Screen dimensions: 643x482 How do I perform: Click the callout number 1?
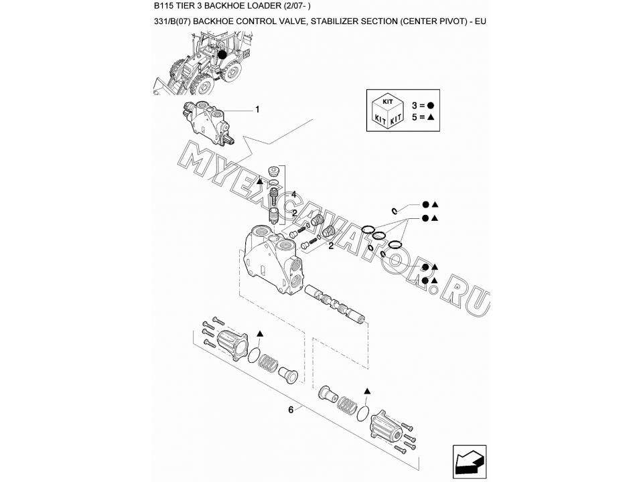pos(257,109)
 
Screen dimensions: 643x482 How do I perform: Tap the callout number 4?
pos(293,195)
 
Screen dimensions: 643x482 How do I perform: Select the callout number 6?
pos(291,410)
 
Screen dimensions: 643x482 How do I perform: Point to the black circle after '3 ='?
pos(431,106)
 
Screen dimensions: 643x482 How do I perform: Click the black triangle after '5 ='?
pos(431,117)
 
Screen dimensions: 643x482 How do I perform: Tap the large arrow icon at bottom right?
pos(470,461)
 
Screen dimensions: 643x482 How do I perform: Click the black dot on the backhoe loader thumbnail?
pos(222,54)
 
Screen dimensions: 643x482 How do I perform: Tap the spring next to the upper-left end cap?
pos(268,361)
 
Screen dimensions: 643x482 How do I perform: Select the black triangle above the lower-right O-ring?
pos(367,391)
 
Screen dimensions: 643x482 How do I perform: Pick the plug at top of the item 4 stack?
pos(273,170)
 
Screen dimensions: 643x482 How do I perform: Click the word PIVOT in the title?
pos(453,21)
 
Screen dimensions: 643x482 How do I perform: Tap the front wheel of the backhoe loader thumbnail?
pos(202,84)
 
